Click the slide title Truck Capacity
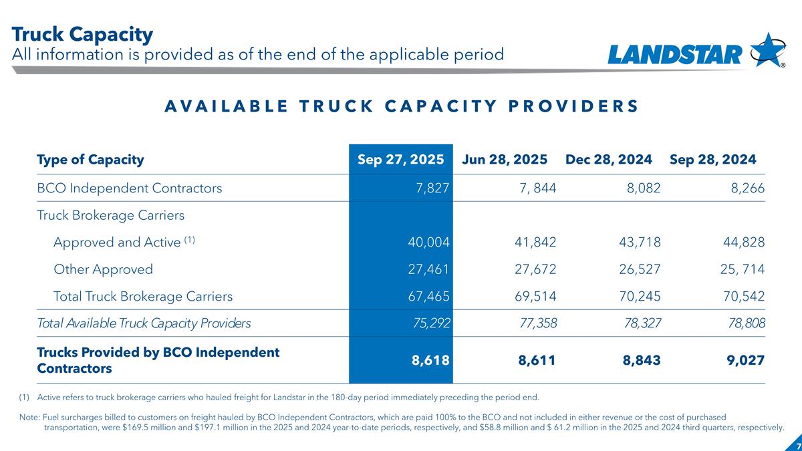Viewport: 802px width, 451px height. coord(82,33)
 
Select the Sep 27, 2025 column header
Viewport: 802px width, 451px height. coord(401,160)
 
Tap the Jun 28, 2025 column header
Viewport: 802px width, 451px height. coord(505,160)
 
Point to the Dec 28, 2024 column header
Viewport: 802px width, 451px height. coord(609,160)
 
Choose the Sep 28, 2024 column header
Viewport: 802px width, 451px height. coord(712,160)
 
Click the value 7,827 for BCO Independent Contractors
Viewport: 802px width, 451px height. coord(431,188)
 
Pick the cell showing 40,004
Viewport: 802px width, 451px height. coord(428,242)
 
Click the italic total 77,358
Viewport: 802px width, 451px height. coord(538,323)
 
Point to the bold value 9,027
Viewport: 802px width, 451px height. coord(743,360)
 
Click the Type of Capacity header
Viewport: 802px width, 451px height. coord(90,160)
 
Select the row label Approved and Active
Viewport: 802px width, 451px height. coord(117,242)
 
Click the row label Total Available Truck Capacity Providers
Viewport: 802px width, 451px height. coord(144,323)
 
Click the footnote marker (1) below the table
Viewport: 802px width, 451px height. coord(24,398)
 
